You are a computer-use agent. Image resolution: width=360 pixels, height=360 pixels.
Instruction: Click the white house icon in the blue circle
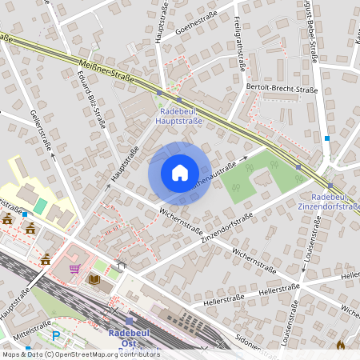(x=179, y=173)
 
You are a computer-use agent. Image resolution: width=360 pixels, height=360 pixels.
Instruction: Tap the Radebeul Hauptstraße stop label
(x=181, y=117)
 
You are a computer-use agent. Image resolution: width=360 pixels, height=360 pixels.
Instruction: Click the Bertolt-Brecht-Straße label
(x=282, y=90)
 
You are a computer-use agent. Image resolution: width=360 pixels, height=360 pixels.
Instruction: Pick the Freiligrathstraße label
(x=239, y=49)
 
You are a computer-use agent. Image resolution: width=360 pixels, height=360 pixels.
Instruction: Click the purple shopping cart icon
(x=74, y=268)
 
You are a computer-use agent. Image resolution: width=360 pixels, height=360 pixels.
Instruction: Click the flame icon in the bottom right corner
(x=342, y=346)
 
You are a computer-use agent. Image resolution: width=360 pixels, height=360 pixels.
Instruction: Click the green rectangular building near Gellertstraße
(x=40, y=206)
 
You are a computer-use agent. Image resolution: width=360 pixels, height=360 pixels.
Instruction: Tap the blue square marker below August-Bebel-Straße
(x=326, y=138)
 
